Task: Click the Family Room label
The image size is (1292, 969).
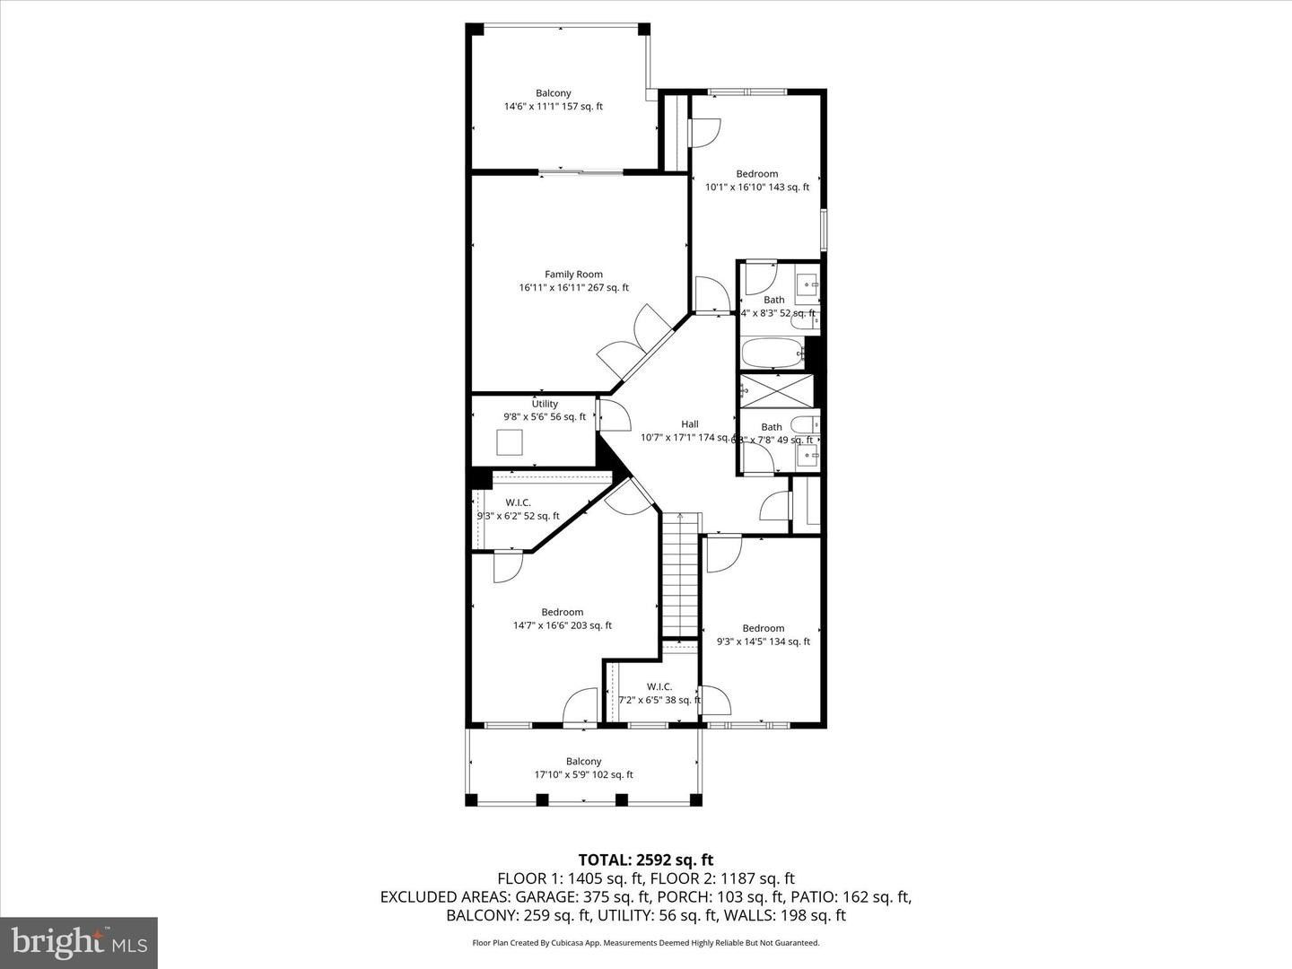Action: [573, 275]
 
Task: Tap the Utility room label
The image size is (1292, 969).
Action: [545, 404]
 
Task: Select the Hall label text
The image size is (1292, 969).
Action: [689, 424]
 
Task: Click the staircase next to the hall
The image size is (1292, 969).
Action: [681, 574]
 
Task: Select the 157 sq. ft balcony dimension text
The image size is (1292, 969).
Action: [553, 107]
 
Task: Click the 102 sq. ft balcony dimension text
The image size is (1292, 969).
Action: [583, 775]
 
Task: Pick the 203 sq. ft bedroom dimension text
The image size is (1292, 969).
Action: [562, 626]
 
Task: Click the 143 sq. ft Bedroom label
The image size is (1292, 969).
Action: [756, 174]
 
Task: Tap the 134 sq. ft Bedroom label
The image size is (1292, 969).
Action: [763, 628]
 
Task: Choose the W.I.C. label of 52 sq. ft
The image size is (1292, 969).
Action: [518, 502]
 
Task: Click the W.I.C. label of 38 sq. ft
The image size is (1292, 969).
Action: [659, 687]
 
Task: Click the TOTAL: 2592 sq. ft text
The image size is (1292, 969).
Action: [646, 860]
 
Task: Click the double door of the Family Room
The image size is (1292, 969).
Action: [638, 345]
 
